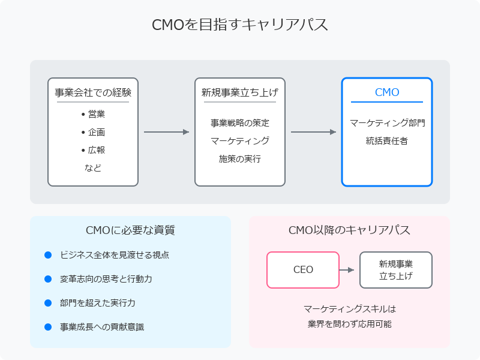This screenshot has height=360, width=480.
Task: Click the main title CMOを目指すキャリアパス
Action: click(239, 25)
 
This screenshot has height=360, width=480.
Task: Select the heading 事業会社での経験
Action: click(93, 92)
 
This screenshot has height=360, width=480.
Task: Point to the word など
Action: click(93, 168)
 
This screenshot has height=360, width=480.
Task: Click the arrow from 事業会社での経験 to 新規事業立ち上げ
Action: click(167, 132)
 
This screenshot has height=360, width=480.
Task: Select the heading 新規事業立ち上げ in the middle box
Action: click(240, 92)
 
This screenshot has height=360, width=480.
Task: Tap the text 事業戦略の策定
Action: click(240, 123)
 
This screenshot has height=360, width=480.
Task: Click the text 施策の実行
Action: click(240, 159)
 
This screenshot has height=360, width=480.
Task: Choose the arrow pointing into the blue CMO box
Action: click(313, 132)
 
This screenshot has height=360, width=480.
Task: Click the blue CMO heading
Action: click(387, 92)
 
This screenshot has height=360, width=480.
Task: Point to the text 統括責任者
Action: click(387, 141)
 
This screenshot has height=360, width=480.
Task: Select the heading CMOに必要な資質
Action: click(130, 230)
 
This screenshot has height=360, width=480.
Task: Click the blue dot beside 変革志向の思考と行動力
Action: click(48, 279)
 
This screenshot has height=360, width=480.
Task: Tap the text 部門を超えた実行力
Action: click(98, 303)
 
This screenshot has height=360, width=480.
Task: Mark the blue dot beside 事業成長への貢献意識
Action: click(48, 327)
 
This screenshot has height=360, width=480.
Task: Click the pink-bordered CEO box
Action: click(303, 252)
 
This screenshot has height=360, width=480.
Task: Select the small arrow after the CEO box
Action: click(347, 270)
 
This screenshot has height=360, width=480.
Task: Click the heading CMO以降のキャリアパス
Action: click(349, 230)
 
